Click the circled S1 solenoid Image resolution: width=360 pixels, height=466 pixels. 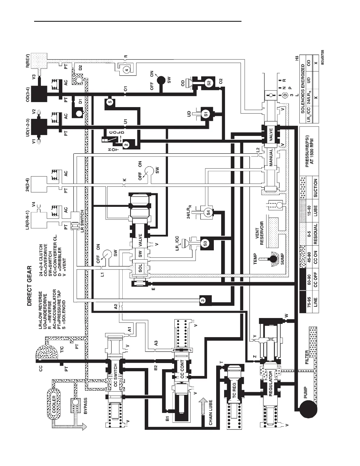(x=206, y=114)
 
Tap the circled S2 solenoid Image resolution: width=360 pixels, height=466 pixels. (x=209, y=83)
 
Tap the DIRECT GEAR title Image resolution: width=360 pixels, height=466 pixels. (x=29, y=286)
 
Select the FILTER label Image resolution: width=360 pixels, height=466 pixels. (x=307, y=357)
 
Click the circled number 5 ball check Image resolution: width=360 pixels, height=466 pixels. (x=110, y=102)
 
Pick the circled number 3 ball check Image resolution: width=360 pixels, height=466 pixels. (x=203, y=300)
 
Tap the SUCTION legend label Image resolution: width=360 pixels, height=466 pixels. (x=315, y=188)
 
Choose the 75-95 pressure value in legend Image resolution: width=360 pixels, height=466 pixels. (x=309, y=302)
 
